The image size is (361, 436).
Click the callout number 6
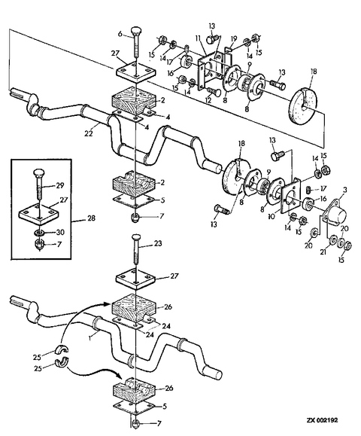(120, 34)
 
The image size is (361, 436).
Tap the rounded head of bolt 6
(136, 29)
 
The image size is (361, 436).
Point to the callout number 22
(89, 133)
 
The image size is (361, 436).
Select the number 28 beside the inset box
(91, 218)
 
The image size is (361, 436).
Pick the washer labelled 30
(39, 233)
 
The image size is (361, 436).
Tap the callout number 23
(158, 243)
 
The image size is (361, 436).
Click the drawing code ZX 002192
(323, 420)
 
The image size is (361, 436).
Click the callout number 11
(198, 38)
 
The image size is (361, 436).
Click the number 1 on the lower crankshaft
(89, 338)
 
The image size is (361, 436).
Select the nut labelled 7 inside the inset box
(39, 244)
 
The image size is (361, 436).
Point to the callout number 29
(60, 185)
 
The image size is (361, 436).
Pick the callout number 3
(345, 191)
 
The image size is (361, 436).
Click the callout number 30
(60, 232)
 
